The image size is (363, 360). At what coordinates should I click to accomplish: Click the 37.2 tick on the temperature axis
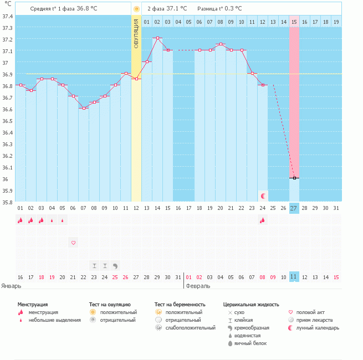click(x=7, y=39)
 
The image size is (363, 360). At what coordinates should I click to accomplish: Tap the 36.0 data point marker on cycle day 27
click(x=294, y=178)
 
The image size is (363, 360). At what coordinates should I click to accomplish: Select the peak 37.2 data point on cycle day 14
click(x=157, y=38)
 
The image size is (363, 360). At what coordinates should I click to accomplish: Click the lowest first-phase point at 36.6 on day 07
click(x=84, y=108)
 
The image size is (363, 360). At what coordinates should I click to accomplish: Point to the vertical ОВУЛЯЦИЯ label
click(x=136, y=35)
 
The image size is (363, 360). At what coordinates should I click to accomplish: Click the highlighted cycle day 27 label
click(x=294, y=208)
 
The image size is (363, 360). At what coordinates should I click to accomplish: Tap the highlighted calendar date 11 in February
click(x=294, y=276)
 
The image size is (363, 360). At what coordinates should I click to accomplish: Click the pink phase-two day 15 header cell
click(x=294, y=22)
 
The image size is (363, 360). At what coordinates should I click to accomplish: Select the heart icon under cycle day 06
click(x=73, y=243)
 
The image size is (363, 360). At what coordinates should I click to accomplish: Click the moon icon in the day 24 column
click(x=263, y=196)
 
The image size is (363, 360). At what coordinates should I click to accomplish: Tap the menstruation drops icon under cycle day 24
click(x=263, y=220)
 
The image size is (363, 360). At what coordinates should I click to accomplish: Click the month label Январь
click(x=12, y=286)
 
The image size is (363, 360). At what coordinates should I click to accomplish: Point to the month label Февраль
click(x=198, y=286)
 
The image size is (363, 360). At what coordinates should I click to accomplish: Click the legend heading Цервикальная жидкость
click(x=251, y=304)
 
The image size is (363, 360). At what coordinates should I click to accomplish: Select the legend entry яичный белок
click(x=250, y=343)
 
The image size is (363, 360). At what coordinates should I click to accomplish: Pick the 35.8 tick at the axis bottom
click(x=7, y=202)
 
